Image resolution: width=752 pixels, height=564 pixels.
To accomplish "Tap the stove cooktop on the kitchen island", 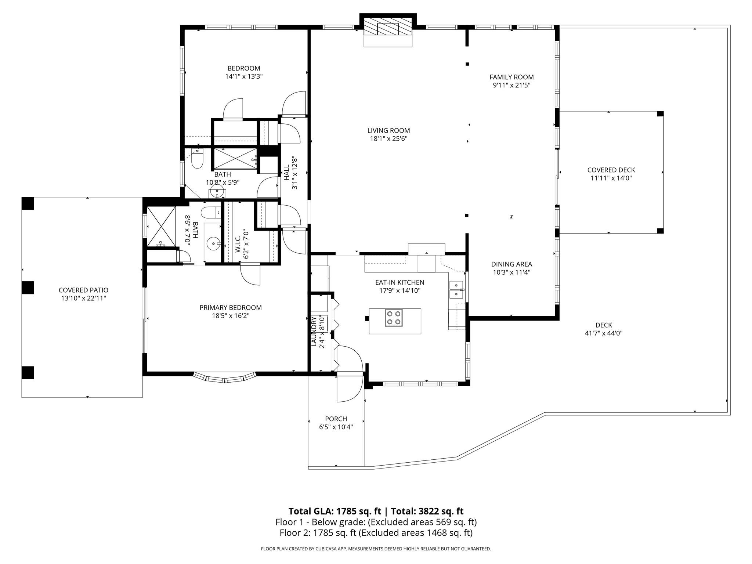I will click(393, 318).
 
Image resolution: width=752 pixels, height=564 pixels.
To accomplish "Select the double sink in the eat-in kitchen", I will click(456, 290).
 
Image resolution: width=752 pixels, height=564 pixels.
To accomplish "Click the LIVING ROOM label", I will click(388, 130).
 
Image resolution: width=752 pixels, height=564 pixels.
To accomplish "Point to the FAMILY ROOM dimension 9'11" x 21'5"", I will click(511, 86).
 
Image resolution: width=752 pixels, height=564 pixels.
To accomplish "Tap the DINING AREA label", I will click(511, 264).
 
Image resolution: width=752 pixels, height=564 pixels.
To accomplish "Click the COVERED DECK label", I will click(611, 170).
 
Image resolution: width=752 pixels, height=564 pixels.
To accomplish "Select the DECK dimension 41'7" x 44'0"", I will click(604, 333).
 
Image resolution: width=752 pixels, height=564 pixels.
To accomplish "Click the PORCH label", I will click(336, 419).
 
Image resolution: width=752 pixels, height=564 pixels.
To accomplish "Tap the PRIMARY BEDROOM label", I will click(231, 308).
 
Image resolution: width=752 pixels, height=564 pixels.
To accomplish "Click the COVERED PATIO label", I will click(83, 290).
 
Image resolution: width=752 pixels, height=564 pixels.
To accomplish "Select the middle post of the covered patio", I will click(28, 288).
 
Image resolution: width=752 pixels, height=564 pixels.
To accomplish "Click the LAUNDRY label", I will click(314, 332).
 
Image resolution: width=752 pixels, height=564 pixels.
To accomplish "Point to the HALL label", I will click(286, 173).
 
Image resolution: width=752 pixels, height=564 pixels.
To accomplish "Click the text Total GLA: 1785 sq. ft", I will click(334, 511).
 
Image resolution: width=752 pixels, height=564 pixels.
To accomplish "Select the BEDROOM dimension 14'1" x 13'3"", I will click(244, 77).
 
